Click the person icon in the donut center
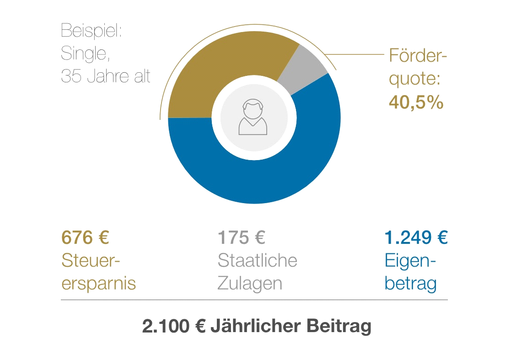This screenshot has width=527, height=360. click(253, 117)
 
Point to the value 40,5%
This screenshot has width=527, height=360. click(416, 102)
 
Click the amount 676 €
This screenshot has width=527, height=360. click(85, 238)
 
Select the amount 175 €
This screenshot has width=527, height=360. click(241, 238)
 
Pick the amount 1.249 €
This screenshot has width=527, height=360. click(415, 238)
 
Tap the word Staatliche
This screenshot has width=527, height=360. click(257, 261)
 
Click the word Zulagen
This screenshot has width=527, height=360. click(249, 284)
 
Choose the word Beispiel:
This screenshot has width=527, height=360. click(90, 32)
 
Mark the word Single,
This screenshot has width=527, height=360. click(85, 54)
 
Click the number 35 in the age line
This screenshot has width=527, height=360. click(71, 76)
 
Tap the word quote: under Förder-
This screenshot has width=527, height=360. click(414, 79)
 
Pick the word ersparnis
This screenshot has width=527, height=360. click(98, 284)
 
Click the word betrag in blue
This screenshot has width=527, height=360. click(410, 284)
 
